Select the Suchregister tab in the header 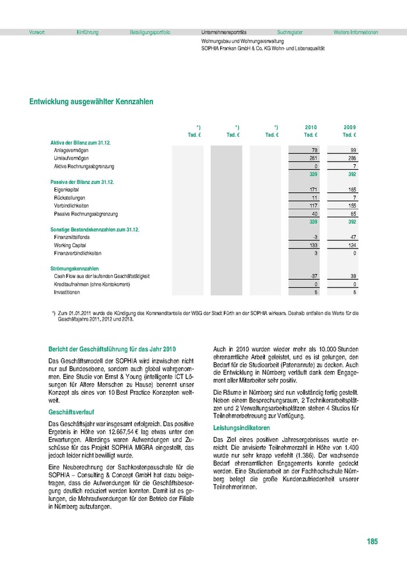click(290, 32)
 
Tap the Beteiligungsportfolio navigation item click(150, 32)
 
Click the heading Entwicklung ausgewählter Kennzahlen click(91, 102)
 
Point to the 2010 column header click(310, 128)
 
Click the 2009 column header click(349, 128)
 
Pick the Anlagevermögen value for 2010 click(314, 149)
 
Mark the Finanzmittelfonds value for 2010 click(314, 237)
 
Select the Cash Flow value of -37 click(313, 276)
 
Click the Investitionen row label click(67, 292)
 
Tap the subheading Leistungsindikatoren click(241, 427)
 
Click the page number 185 click(372, 542)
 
